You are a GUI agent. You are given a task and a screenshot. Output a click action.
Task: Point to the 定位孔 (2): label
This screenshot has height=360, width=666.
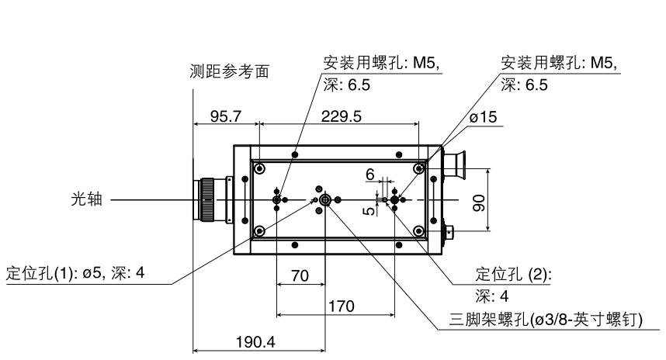click(507, 275)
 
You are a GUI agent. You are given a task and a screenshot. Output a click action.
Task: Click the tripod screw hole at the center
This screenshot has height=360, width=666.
click(324, 200)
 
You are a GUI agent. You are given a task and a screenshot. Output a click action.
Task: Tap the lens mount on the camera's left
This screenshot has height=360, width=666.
click(208, 200)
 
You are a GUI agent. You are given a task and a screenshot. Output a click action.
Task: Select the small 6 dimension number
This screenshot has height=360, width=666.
click(370, 176)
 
